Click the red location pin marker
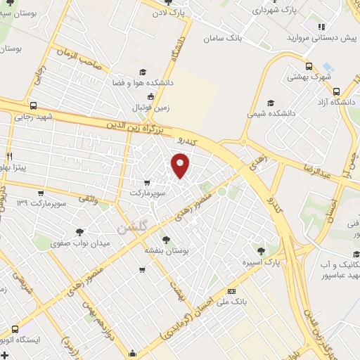[181, 166]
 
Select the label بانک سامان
[237, 39]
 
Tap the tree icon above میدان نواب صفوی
[80, 231]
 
